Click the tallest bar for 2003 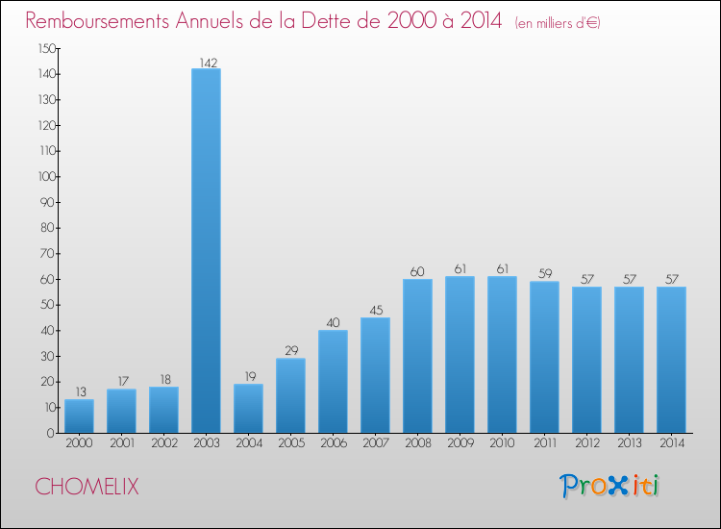tap(206, 250)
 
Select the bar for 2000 tap(79, 416)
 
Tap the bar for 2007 tap(375, 375)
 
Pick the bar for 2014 tap(671, 360)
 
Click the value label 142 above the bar tap(208, 63)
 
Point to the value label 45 tap(376, 311)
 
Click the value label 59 tap(545, 274)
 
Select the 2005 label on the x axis tap(290, 444)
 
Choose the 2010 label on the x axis tap(502, 444)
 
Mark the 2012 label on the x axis tap(586, 444)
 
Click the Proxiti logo tap(609, 486)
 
